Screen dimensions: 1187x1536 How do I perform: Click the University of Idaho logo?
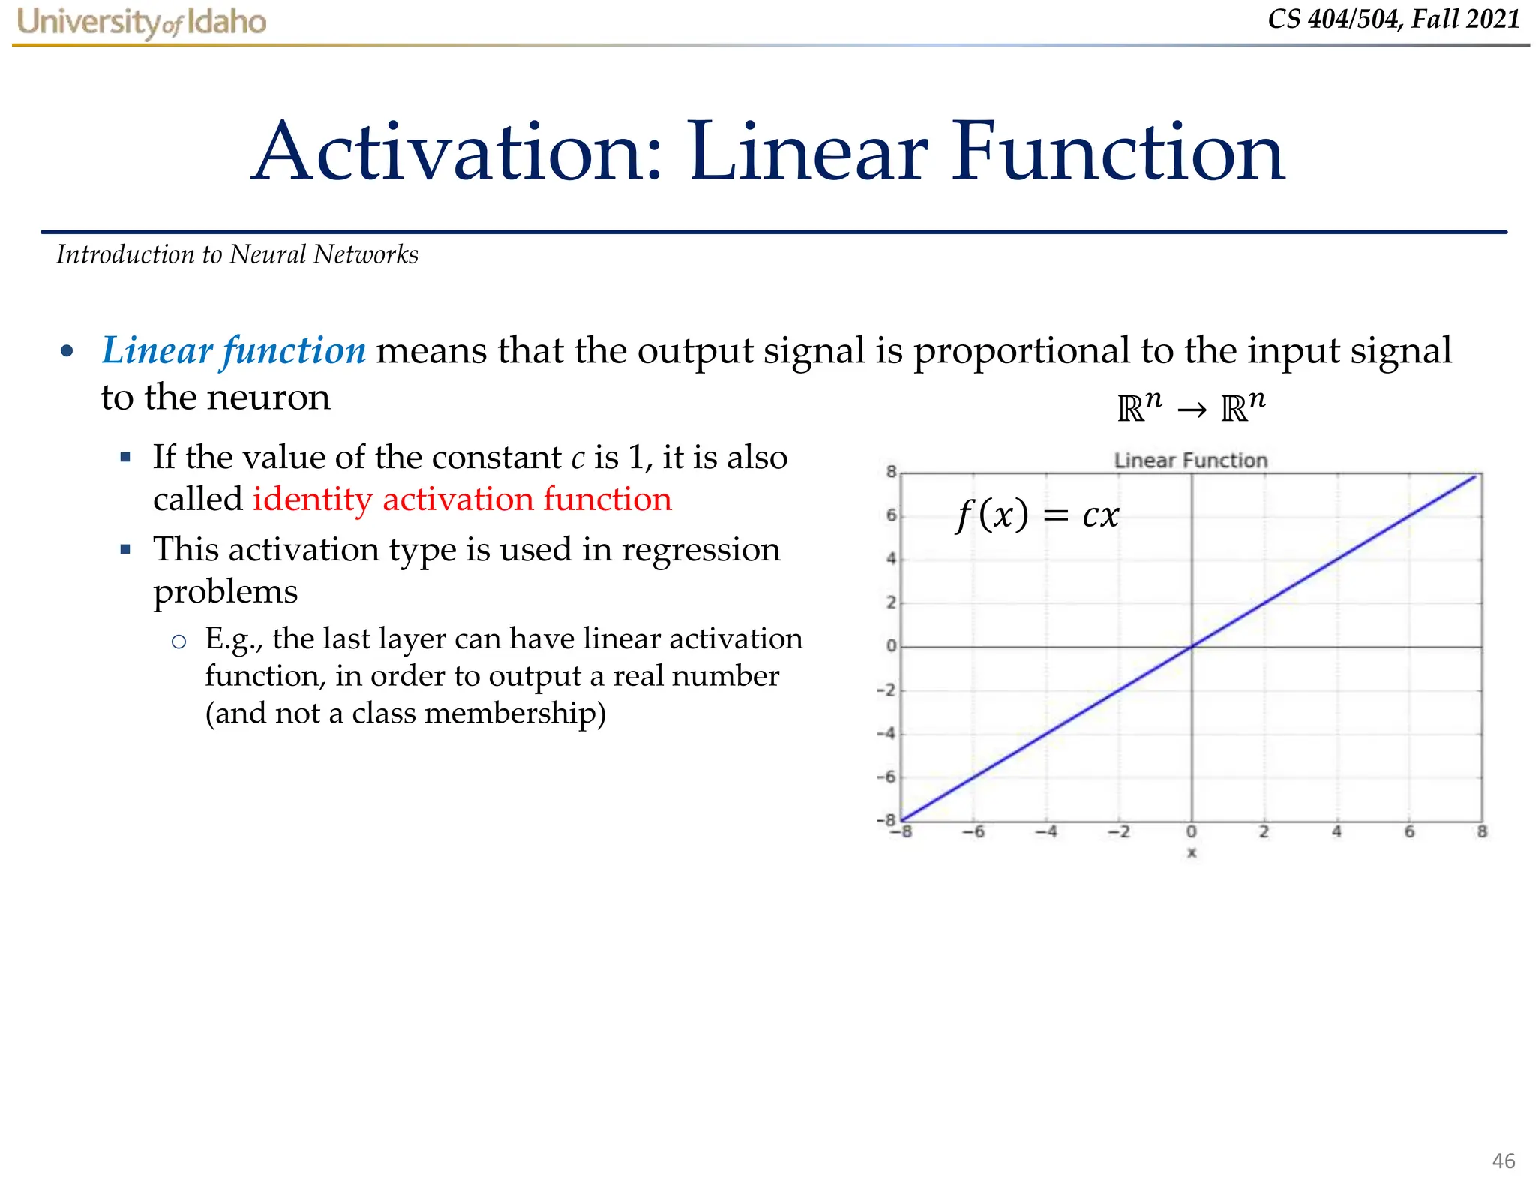coord(142,23)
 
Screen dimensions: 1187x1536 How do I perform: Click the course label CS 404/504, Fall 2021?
coord(1393,19)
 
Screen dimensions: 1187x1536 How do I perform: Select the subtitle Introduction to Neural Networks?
coord(237,254)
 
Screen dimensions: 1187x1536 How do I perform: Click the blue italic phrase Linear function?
coord(233,350)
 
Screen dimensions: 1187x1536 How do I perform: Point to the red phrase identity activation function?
coord(462,499)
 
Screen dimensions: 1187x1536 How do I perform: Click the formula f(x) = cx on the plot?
coord(1037,515)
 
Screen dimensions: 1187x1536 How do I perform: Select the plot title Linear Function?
coord(1190,460)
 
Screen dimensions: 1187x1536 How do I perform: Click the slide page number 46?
coord(1503,1161)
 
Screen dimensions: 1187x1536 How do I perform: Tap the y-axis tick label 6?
coord(891,515)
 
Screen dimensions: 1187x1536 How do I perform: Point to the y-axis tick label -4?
coord(887,733)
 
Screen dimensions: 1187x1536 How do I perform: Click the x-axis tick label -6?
coord(973,832)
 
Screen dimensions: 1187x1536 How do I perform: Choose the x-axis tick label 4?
coord(1336,832)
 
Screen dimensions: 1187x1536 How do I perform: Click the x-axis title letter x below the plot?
coord(1192,853)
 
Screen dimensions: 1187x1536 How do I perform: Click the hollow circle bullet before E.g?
coord(178,641)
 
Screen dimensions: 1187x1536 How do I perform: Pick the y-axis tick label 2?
coord(891,603)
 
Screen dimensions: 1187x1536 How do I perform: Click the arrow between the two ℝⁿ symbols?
coord(1192,410)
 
